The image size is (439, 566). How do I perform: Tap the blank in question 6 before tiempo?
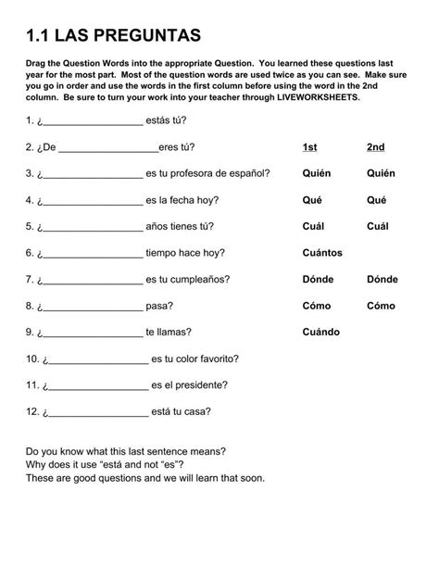pyautogui.click(x=93, y=253)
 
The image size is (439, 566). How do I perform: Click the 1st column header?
pyautogui.click(x=310, y=146)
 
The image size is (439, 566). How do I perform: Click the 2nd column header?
pyautogui.click(x=375, y=146)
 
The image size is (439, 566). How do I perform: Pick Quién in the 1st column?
pyautogui.click(x=316, y=173)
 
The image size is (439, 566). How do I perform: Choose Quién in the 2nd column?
pyautogui.click(x=381, y=173)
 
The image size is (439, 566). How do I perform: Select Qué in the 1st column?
pyautogui.click(x=312, y=199)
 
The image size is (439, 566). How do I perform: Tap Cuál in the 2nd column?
pyautogui.click(x=377, y=226)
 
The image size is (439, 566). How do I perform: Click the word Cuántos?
pyautogui.click(x=322, y=252)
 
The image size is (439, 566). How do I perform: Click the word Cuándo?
pyautogui.click(x=320, y=332)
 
